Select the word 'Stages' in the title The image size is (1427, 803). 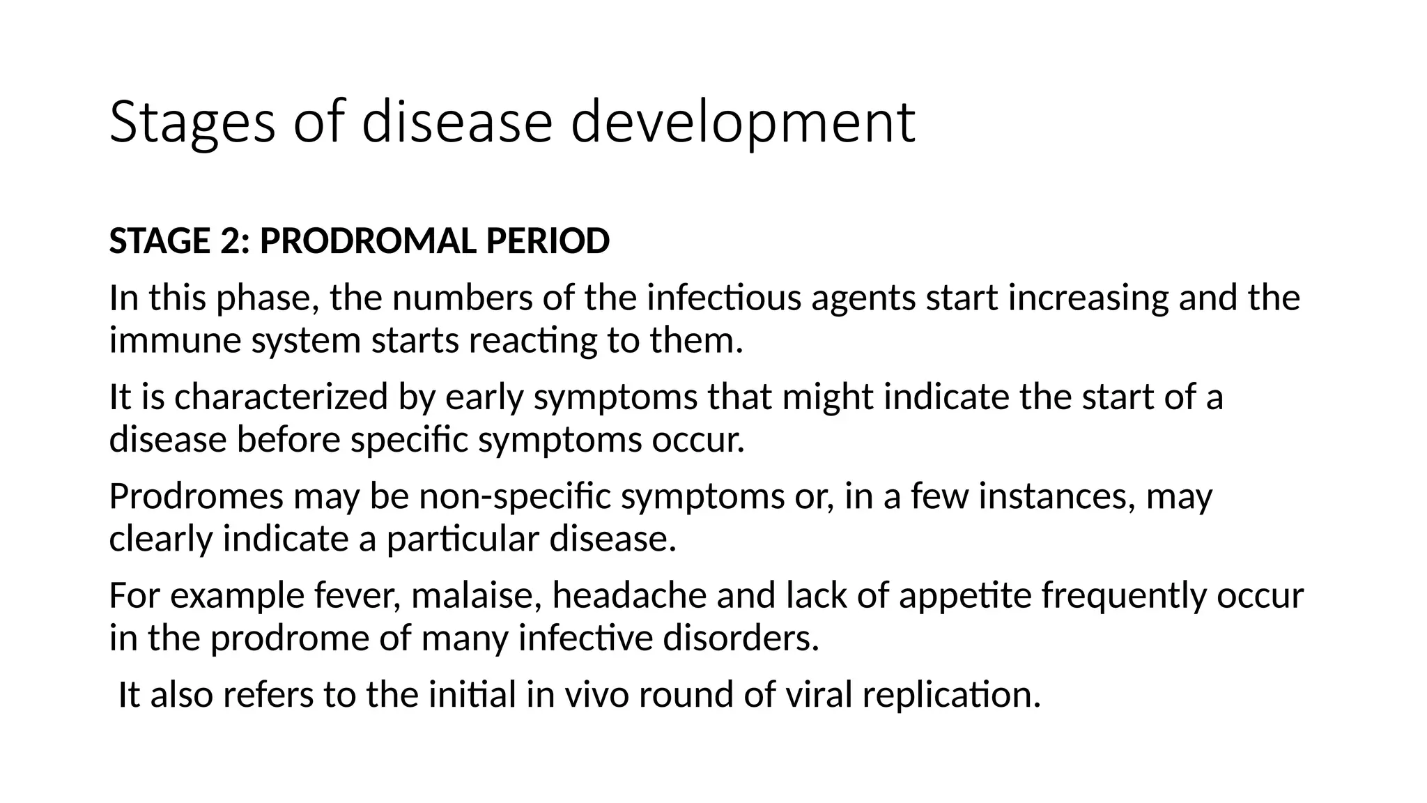(192, 123)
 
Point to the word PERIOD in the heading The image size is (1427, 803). (548, 242)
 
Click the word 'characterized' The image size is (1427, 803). (281, 397)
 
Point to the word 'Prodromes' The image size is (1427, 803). (196, 497)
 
